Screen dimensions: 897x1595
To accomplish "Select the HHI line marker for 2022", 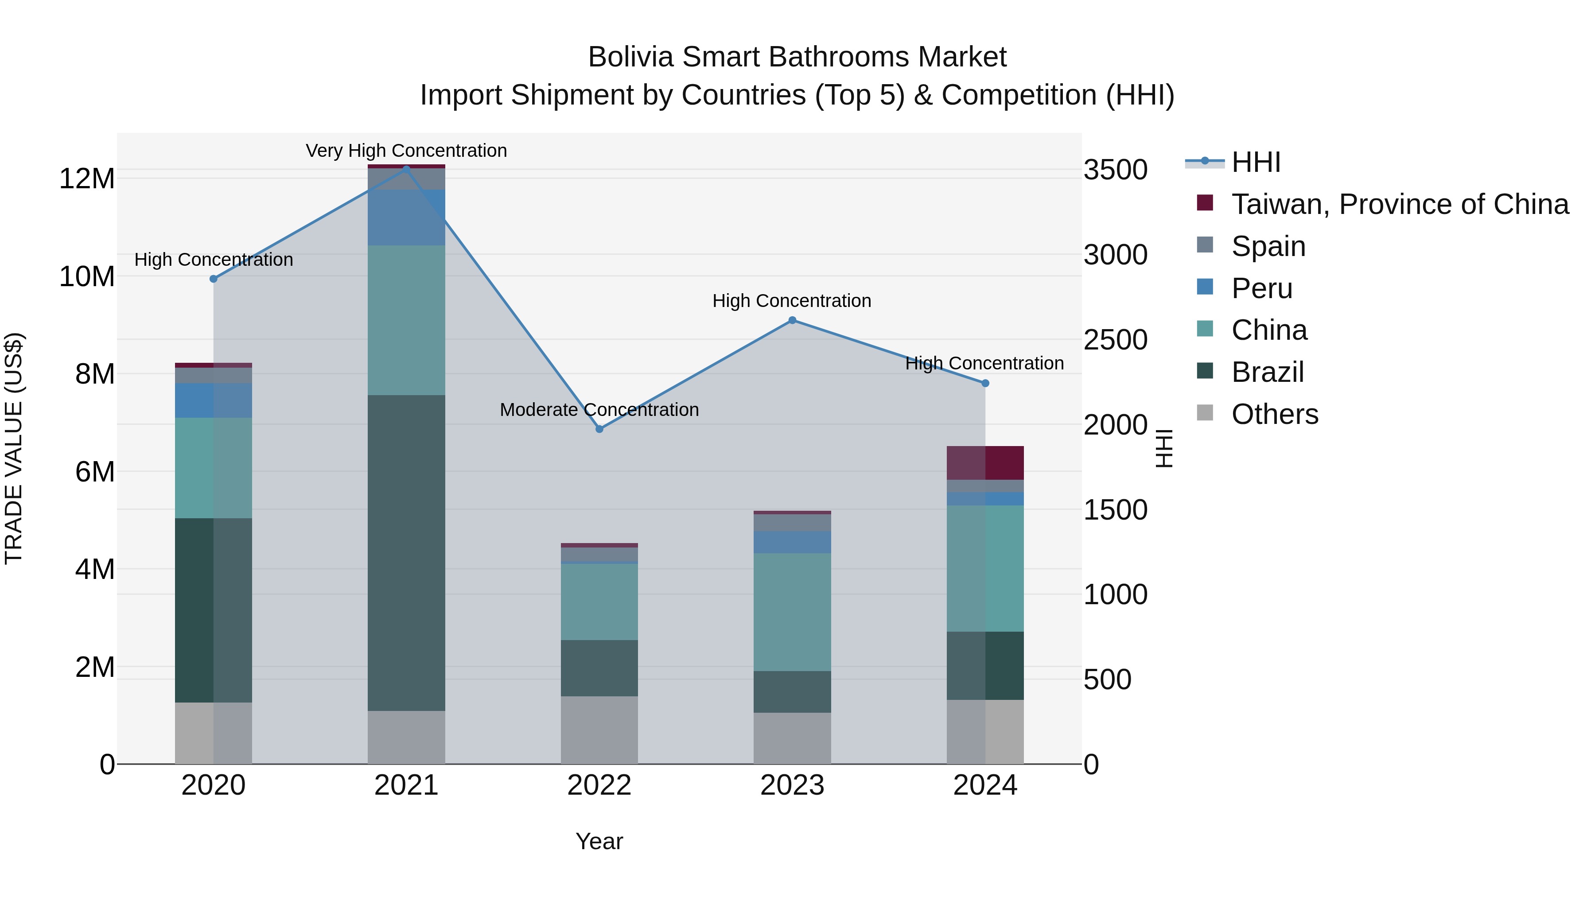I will (x=599, y=429).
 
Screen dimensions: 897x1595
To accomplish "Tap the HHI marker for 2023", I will (x=792, y=320).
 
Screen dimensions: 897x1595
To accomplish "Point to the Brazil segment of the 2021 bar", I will (x=406, y=552).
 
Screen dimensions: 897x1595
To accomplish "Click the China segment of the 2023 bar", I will (x=792, y=612).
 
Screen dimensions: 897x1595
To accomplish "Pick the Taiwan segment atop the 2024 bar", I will (x=985, y=462).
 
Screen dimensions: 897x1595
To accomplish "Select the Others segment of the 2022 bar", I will (x=599, y=730).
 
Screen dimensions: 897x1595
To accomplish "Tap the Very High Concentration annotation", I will (x=406, y=151).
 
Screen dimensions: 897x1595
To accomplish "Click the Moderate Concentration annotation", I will (x=599, y=410).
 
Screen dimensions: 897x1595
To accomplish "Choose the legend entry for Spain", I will (x=1268, y=246).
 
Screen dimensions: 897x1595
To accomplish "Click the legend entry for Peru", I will (x=1261, y=288).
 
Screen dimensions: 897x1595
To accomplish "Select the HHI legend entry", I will (x=1255, y=162).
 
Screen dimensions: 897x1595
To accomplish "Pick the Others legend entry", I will (x=1274, y=414).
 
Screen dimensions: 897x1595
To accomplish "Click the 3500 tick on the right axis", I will (x=1115, y=170).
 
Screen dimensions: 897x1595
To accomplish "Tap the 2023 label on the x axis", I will (x=792, y=785).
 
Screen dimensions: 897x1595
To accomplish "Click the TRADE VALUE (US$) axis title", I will (x=14, y=448).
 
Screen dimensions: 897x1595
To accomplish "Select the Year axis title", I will (x=599, y=841).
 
